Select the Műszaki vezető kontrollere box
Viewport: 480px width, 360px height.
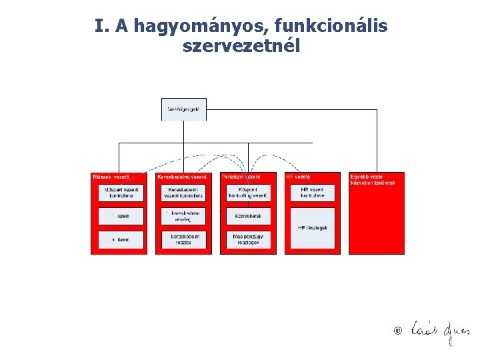pyautogui.click(x=121, y=193)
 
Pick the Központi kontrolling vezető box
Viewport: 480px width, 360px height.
pyautogui.click(x=248, y=193)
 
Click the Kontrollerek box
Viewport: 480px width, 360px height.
pyautogui.click(x=248, y=216)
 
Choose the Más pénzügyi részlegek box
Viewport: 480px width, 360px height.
pyautogui.click(x=248, y=239)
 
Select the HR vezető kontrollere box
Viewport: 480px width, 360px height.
pyautogui.click(x=313, y=193)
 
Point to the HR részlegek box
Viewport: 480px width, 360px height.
pyautogui.click(x=313, y=227)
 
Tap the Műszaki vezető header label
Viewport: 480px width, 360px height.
pyautogui.click(x=111, y=177)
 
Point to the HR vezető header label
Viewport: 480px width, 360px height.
pyautogui.click(x=297, y=177)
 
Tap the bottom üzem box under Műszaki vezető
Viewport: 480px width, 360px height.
pyautogui.click(x=121, y=239)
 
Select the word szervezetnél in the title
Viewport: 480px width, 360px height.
pyautogui.click(x=241, y=47)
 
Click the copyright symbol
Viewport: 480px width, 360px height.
pyautogui.click(x=398, y=331)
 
